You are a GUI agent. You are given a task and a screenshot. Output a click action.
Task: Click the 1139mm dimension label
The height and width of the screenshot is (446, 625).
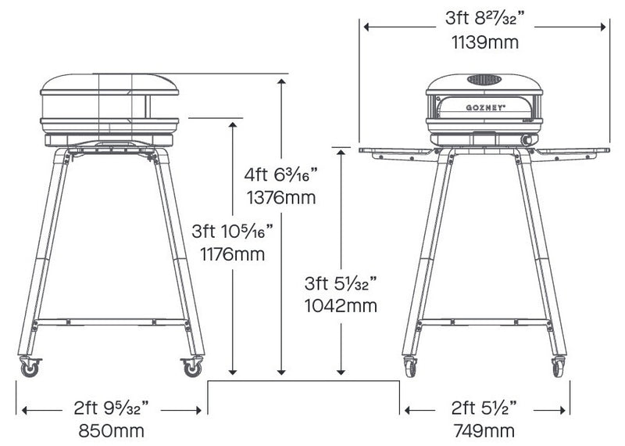(x=484, y=42)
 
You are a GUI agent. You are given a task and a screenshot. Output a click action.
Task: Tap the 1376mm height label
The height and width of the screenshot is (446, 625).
(x=280, y=197)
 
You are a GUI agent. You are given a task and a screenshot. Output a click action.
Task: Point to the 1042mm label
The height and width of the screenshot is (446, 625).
(x=341, y=305)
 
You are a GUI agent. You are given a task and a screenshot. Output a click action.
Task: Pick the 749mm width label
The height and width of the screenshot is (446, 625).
(x=484, y=430)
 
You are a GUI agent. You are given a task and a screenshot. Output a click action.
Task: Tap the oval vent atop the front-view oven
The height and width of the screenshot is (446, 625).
(x=484, y=80)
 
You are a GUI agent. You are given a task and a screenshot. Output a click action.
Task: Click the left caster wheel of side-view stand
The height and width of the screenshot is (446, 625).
(x=30, y=367)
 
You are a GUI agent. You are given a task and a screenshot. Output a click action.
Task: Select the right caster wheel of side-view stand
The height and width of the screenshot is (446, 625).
(x=191, y=367)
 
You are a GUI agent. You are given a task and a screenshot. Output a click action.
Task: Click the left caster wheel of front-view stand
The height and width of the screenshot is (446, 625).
(x=410, y=367)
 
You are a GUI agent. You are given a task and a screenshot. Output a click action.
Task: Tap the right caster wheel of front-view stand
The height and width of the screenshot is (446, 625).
(x=558, y=367)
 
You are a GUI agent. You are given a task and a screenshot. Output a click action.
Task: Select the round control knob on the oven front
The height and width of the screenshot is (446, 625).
(x=526, y=139)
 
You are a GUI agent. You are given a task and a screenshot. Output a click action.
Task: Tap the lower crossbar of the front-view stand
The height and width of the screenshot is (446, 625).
(x=484, y=322)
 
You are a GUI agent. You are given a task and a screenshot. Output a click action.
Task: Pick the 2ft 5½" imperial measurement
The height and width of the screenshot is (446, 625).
(x=484, y=409)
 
